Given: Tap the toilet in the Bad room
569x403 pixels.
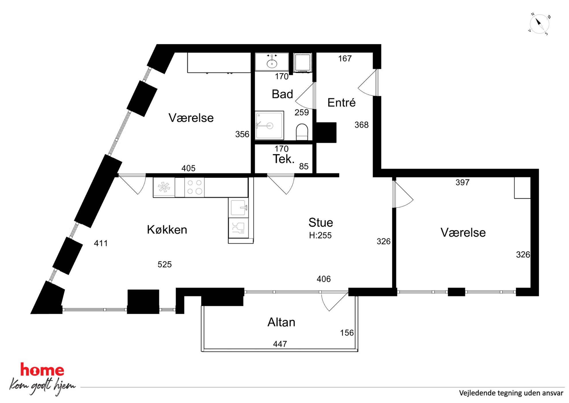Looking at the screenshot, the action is (302, 132).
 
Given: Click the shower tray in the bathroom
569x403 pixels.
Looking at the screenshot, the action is (269, 125).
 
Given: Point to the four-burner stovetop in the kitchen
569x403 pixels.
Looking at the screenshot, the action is (194, 187).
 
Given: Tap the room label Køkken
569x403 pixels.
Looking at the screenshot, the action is (167, 230).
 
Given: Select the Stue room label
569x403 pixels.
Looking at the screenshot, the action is (321, 222).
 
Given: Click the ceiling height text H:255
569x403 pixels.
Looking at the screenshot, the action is (320, 235).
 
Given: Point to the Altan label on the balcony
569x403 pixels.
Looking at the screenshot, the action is (281, 322).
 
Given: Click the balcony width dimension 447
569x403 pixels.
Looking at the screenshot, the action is (280, 344).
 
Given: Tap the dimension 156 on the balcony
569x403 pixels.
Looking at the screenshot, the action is (347, 333).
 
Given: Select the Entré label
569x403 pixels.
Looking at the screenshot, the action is (341, 103).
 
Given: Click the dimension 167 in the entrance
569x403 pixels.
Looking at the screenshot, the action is (345, 59).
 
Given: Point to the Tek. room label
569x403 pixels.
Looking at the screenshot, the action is (283, 159).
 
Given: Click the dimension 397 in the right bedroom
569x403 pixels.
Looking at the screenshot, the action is (462, 182).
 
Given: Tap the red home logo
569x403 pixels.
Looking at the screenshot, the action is (42, 370).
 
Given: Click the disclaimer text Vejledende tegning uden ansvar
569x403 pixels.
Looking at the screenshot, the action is (511, 393).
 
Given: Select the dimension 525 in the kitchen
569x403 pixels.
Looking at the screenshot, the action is (165, 264).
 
